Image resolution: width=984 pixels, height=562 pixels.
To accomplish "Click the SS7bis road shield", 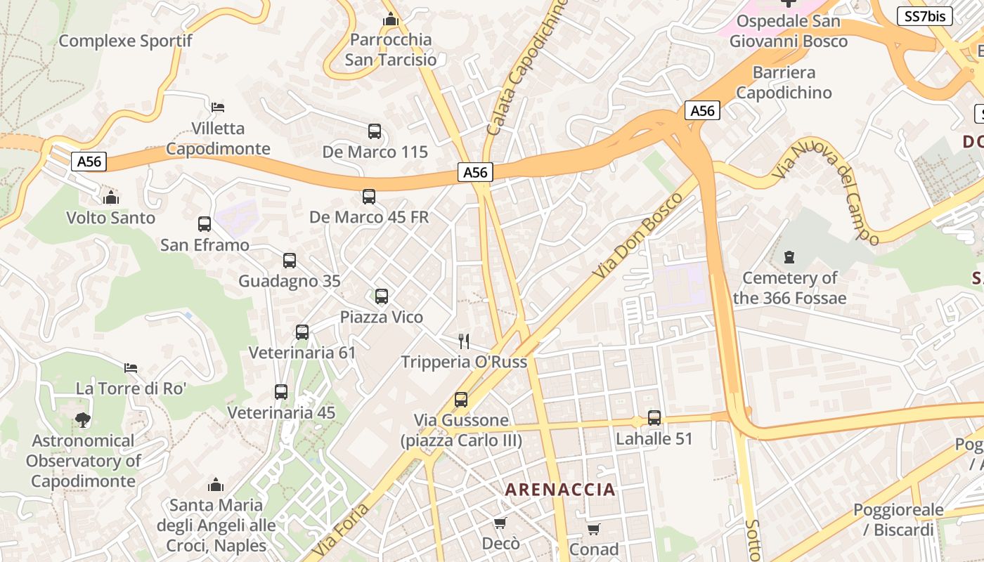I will point(924,16).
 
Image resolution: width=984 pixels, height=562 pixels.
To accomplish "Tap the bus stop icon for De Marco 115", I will point(375,131).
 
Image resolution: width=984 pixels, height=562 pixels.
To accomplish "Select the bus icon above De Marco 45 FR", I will point(369,197).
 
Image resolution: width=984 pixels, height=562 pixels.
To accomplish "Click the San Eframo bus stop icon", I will point(205,224).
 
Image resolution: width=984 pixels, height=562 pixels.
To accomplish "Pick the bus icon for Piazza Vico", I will point(382,296).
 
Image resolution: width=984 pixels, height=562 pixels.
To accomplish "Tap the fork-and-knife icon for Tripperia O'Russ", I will point(464,341).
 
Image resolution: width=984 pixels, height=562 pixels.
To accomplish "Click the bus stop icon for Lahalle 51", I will point(654,418).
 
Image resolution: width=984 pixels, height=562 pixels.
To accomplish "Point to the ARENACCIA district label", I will point(560,490).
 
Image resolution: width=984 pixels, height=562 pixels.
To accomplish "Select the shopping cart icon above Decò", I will point(500,523).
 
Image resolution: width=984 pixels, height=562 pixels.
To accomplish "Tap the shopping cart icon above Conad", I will point(594,528).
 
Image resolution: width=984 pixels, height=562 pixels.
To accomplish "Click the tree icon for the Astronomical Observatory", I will point(83,420).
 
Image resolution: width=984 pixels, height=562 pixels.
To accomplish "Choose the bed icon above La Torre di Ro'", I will point(131,367).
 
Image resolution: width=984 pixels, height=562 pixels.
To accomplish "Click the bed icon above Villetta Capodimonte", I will point(218,107).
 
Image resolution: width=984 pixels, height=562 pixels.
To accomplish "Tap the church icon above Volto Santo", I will point(110,197).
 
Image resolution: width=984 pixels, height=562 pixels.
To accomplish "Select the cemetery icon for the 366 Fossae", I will point(789,257).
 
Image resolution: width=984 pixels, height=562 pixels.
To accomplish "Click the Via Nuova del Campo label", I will point(827,190).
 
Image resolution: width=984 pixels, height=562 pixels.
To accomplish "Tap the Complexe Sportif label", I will point(125,41).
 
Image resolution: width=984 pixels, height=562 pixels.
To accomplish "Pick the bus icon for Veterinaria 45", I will point(281,392).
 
